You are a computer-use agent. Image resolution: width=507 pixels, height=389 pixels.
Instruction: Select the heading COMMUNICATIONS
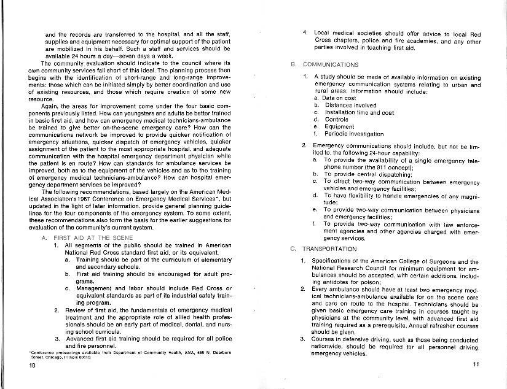click(331, 64)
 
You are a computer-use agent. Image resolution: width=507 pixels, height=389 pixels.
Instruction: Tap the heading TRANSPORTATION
click(329, 248)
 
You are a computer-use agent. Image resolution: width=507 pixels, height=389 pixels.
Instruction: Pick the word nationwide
click(329, 345)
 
